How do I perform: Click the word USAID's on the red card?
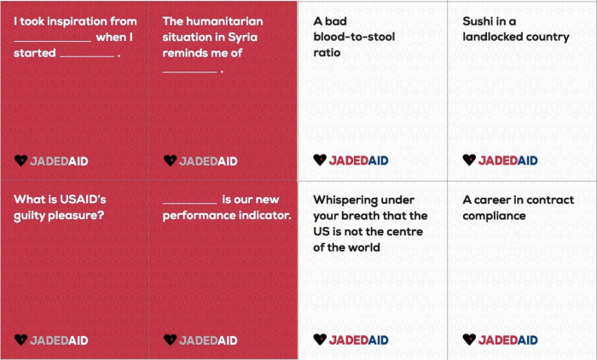click(x=83, y=200)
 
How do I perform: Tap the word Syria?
click(x=242, y=38)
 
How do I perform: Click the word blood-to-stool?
click(x=354, y=37)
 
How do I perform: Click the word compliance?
click(x=494, y=216)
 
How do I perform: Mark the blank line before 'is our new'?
click(x=189, y=203)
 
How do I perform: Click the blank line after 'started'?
click(x=87, y=57)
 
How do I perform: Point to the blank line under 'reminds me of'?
click(x=189, y=72)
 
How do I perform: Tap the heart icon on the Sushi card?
click(x=469, y=160)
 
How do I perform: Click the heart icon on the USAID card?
click(x=20, y=340)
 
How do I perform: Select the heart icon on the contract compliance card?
click(x=469, y=339)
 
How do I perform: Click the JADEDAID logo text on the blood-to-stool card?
click(x=359, y=160)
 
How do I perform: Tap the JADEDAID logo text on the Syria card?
click(x=208, y=161)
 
